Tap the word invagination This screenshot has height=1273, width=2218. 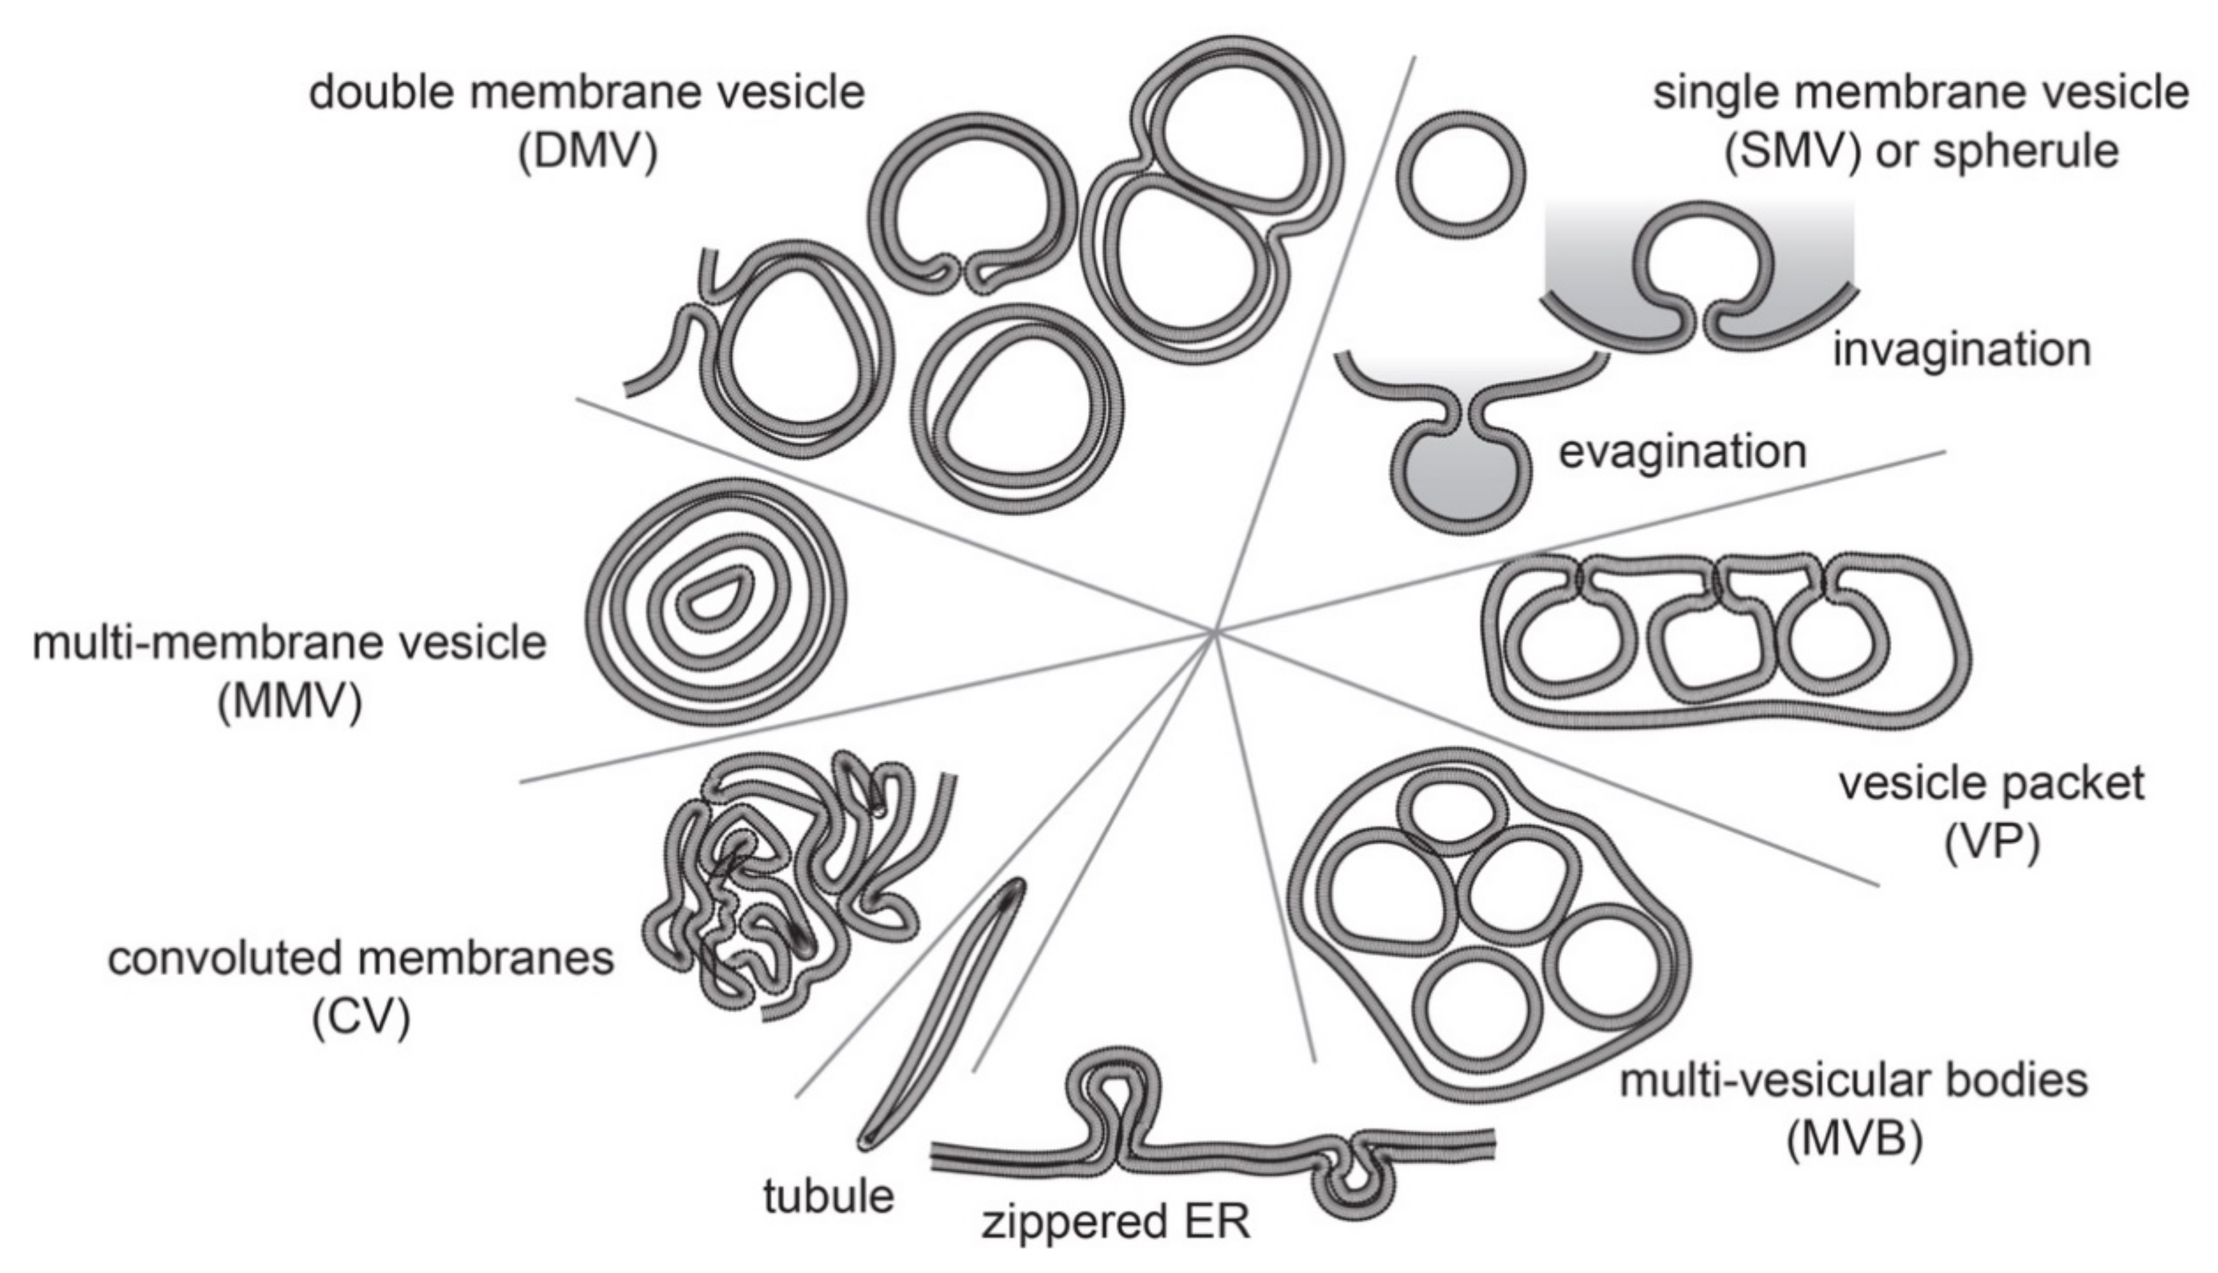pyautogui.click(x=1961, y=350)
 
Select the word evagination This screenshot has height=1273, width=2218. pyautogui.click(x=1683, y=452)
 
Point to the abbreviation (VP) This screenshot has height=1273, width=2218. pyautogui.click(x=1992, y=843)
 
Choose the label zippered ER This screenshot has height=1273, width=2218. pyautogui.click(x=1116, y=1221)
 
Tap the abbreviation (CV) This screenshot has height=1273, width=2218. pyautogui.click(x=361, y=1017)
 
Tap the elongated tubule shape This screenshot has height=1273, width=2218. pyautogui.click(x=940, y=1014)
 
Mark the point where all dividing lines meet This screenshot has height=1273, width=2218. pyautogui.click(x=1215, y=630)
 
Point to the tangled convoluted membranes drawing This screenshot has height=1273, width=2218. pyautogui.click(x=778, y=883)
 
